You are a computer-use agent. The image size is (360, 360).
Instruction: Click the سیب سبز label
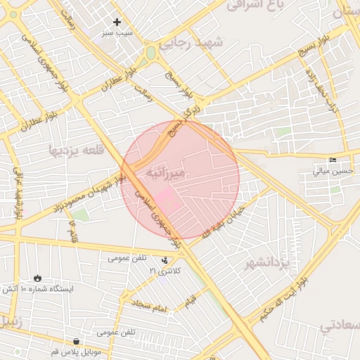pyautogui.click(x=117, y=32)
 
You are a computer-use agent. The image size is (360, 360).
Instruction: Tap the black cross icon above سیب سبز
pyautogui.click(x=117, y=22)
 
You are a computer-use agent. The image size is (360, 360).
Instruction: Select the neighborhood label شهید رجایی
pyautogui.click(x=191, y=44)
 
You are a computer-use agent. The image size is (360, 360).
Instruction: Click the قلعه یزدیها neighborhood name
pyautogui.click(x=77, y=149)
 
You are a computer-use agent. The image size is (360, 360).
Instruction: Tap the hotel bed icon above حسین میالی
pyautogui.click(x=333, y=160)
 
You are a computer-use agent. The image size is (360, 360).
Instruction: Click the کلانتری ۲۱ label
pyautogui.click(x=165, y=271)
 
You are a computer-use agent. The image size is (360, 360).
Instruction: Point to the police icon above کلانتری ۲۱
pyautogui.click(x=165, y=260)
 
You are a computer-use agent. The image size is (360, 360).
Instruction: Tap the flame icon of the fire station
pyautogui.click(x=37, y=278)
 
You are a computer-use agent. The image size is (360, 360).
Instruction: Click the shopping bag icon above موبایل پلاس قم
pyautogui.click(x=75, y=340)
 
